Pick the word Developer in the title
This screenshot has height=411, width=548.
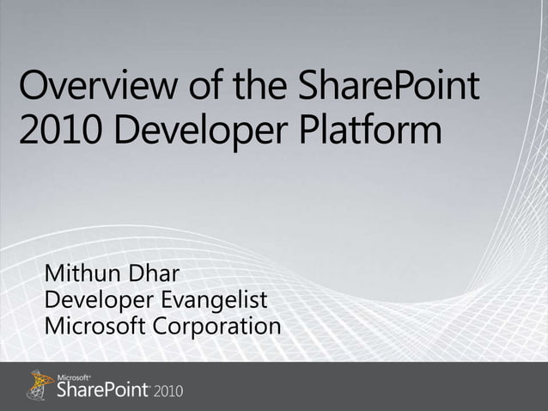(x=203, y=134)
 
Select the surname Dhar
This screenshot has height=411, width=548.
(x=156, y=276)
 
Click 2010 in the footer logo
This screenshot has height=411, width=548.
(x=168, y=392)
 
